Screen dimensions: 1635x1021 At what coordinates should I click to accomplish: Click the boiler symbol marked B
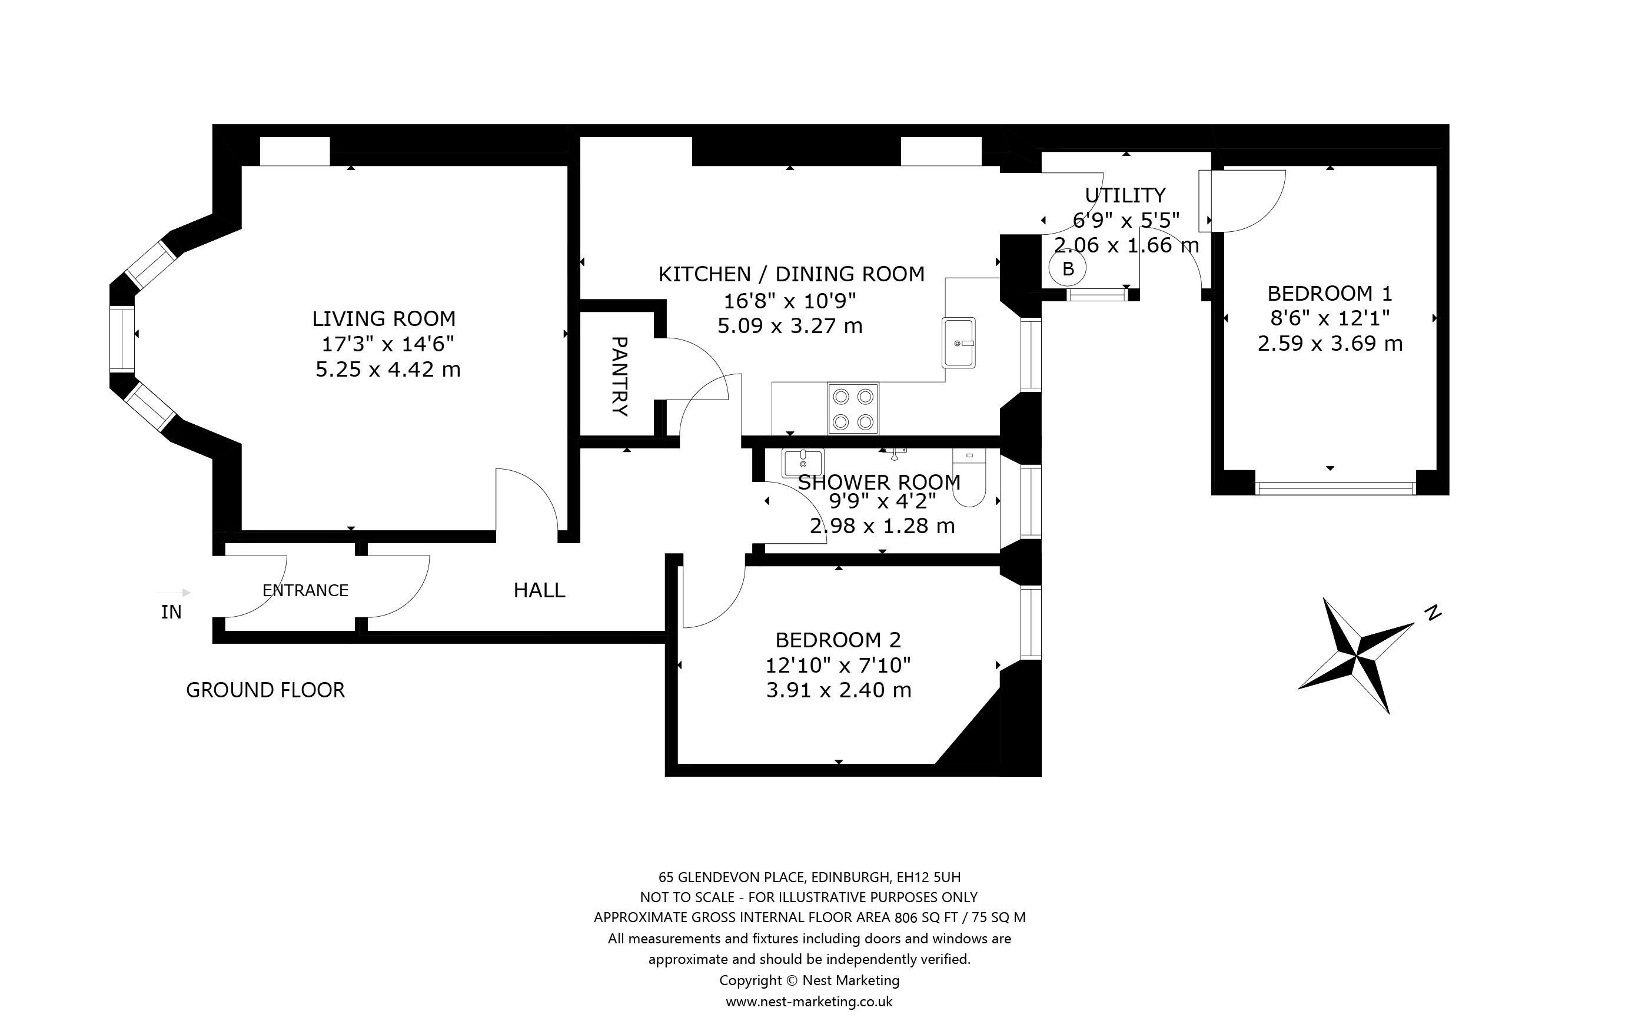1067,269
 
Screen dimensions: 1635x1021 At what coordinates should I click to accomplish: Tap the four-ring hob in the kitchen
853,408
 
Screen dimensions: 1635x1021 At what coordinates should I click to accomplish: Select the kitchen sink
959,342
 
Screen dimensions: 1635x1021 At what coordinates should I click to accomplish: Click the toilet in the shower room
969,477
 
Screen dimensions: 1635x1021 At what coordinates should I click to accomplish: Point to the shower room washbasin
803,463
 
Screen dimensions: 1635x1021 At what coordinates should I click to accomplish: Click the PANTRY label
619,376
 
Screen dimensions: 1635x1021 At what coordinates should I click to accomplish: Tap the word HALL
539,590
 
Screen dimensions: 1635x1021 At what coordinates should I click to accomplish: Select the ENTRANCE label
305,590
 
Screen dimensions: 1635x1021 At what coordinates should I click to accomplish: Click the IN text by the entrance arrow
171,612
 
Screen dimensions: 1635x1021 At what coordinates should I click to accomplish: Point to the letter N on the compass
1433,613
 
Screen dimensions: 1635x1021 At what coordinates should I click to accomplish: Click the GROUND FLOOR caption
265,690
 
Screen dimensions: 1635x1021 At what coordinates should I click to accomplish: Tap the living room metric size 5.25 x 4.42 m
388,370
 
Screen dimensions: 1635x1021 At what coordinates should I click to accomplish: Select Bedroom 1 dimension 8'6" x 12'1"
1330,317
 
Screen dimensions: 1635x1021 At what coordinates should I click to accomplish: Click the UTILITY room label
1125,195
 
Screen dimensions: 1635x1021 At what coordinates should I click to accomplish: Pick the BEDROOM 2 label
838,640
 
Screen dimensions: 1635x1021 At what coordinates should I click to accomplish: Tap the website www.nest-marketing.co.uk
809,1002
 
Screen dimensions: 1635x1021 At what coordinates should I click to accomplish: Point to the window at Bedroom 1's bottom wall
1335,488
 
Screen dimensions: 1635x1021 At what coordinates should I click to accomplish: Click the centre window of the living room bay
122,338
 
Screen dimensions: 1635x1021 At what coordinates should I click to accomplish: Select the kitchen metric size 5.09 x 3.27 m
790,326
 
